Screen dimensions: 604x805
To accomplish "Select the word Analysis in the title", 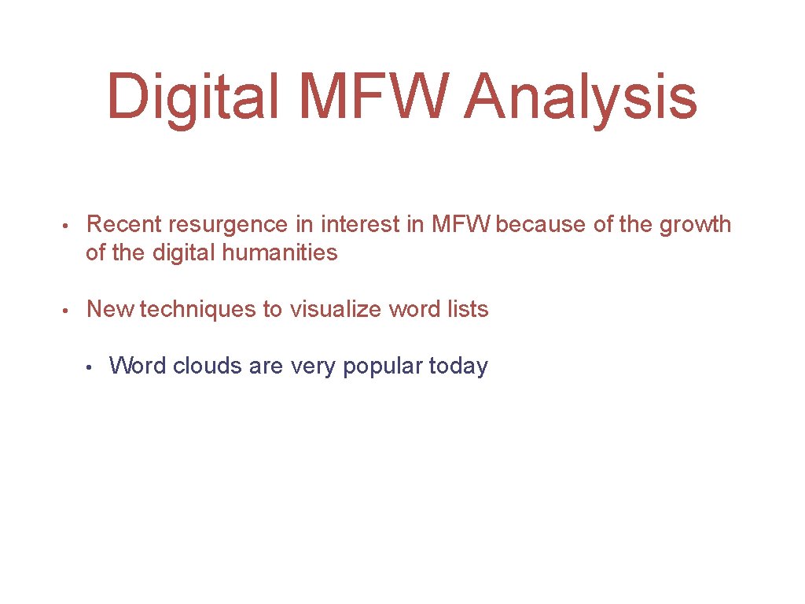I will coord(580,98).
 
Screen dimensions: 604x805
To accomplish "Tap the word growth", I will coord(695,226).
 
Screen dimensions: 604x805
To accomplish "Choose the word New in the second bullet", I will coord(110,310).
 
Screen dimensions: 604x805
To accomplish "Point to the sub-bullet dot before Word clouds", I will coord(91,367).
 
